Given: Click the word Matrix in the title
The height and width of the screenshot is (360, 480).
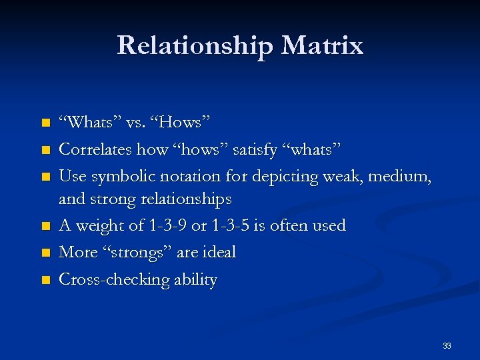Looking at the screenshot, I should coord(322,46).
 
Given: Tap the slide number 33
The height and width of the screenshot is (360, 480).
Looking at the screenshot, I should coord(447,346).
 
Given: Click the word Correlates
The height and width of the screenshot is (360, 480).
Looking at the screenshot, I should coord(95,149).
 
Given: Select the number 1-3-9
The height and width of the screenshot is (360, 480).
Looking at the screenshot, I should coord(166,225).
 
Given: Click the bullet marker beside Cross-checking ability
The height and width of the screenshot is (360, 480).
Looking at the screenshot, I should coord(45,280).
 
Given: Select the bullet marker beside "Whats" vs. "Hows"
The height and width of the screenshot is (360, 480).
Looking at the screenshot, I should coord(45,123).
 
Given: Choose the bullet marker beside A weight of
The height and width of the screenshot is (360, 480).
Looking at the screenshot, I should coord(45,226).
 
